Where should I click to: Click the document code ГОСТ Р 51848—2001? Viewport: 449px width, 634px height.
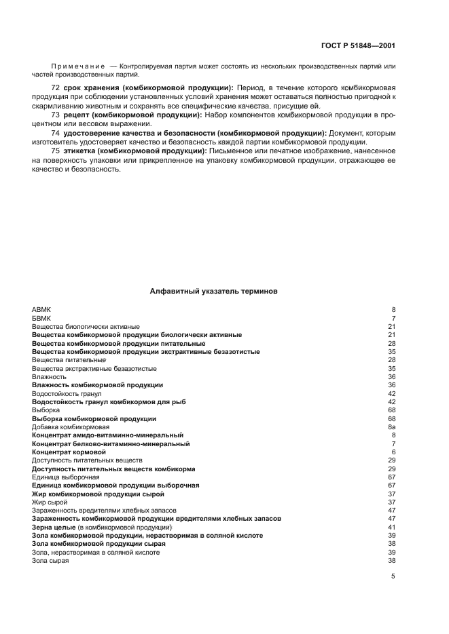(x=358, y=45)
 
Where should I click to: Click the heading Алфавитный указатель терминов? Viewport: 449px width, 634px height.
(x=213, y=291)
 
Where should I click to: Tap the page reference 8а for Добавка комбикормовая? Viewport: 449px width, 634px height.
(x=391, y=427)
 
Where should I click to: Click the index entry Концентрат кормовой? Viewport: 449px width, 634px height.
(x=69, y=452)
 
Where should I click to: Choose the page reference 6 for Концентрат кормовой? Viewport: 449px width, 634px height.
(x=393, y=452)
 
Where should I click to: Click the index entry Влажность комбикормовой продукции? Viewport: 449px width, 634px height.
(x=97, y=384)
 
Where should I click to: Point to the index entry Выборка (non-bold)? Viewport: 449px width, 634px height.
(x=46, y=410)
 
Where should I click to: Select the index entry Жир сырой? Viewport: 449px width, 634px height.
(x=50, y=502)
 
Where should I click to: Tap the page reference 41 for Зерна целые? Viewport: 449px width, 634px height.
(x=391, y=527)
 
